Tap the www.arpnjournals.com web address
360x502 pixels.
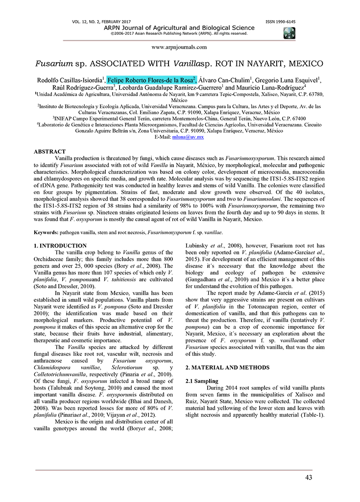(x=179, y=47)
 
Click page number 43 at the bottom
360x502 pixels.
(x=308, y=477)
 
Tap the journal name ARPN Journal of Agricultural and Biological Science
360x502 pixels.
(x=179, y=28)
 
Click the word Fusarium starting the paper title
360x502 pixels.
(x=52, y=64)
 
